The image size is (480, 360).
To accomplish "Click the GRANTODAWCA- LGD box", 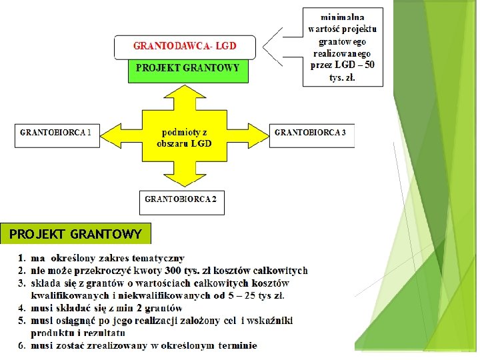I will click(x=185, y=47).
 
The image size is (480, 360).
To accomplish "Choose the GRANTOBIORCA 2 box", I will click(x=181, y=199).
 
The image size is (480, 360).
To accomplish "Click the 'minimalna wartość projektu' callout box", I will click(x=343, y=47).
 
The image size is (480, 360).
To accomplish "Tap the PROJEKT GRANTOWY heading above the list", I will click(x=75, y=234).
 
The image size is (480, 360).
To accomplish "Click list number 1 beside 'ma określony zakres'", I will click(x=22, y=258).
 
